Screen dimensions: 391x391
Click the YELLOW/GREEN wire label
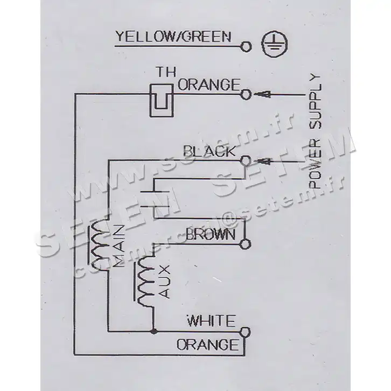173,37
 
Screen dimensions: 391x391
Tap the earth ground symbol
274,45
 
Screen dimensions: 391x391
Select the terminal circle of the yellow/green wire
246,46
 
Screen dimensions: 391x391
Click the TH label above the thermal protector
166,72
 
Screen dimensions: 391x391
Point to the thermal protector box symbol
162,100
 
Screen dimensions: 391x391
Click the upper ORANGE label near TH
208,85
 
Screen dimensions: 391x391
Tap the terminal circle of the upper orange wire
246,94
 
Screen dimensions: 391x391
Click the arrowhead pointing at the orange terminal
261,94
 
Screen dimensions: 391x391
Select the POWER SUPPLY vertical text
315,131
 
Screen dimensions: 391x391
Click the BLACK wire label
209,151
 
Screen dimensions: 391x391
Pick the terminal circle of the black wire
246,160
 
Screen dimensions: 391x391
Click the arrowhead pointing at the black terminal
263,162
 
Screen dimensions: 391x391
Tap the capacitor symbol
155,199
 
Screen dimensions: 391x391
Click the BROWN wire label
211,235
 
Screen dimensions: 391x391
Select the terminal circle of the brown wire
245,244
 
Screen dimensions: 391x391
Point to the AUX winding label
164,282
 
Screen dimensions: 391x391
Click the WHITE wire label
211,321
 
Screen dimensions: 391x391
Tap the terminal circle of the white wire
245,332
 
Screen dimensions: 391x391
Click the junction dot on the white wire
155,331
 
